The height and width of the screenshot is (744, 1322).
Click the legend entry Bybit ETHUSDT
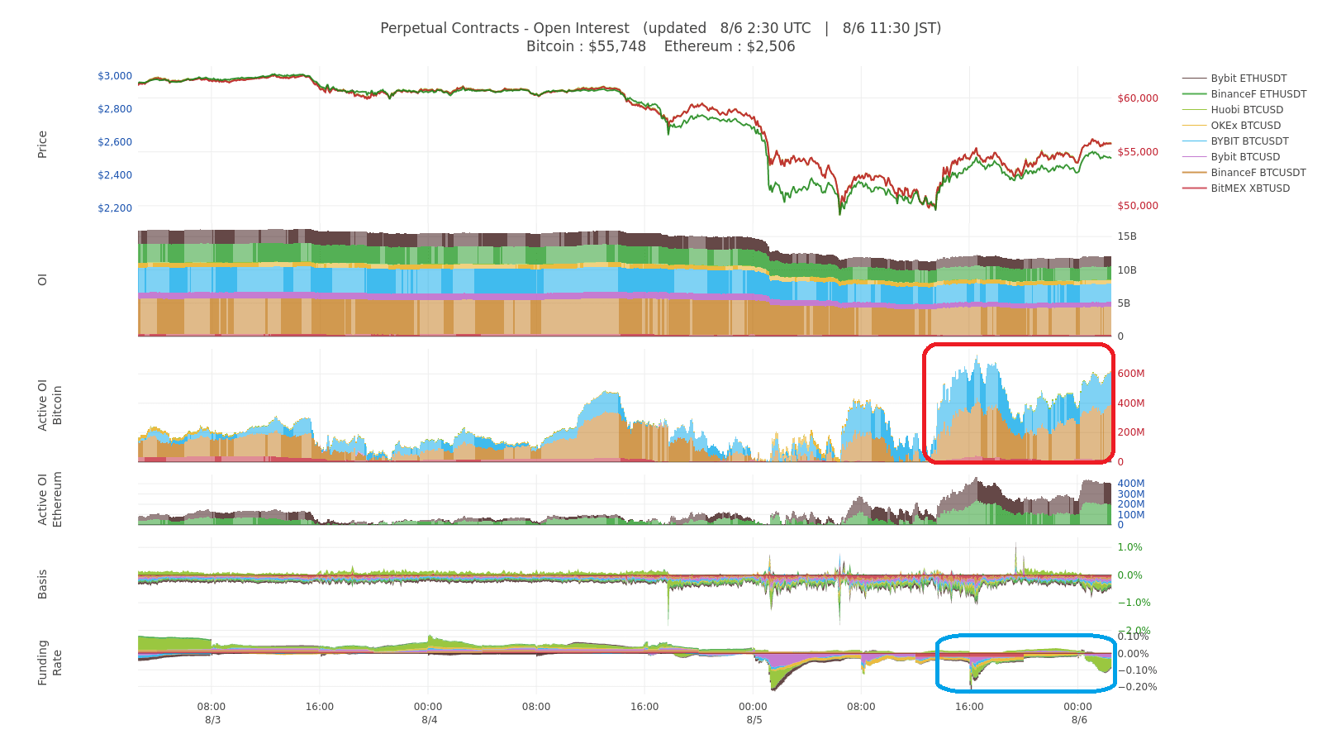[x=1248, y=79]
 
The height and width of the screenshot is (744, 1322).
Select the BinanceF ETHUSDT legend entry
[x=1258, y=94]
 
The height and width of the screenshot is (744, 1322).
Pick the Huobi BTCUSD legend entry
[x=1247, y=110]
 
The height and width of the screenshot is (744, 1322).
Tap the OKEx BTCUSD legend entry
[x=1245, y=126]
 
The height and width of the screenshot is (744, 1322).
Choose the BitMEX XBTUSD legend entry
[x=1250, y=188]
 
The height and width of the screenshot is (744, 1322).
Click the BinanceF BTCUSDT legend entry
[x=1258, y=173]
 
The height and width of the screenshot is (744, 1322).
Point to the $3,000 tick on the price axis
[x=115, y=76]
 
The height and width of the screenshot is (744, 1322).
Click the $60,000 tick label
[x=1138, y=98]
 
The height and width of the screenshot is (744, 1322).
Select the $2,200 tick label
[x=115, y=208]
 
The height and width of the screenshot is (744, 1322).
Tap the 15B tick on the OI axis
[x=1127, y=236]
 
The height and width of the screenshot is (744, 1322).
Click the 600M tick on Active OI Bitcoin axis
[x=1131, y=374]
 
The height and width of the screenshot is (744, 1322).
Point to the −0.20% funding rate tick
[x=1137, y=687]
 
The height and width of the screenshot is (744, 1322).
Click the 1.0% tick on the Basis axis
[x=1129, y=547]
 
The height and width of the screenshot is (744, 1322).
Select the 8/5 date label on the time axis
[x=754, y=720]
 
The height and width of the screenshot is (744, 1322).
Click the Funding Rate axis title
[x=50, y=662]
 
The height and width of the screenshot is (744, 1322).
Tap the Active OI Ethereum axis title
[x=50, y=498]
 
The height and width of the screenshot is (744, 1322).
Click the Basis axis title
[x=42, y=584]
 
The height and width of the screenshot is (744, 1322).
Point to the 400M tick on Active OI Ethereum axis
[x=1131, y=484]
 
